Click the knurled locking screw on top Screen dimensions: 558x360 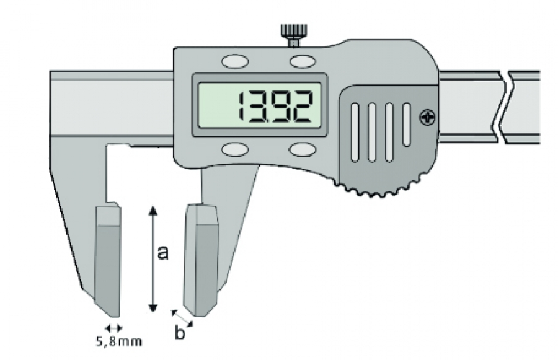coord(294,34)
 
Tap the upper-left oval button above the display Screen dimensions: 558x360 coord(235,61)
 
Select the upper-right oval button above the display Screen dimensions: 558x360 coord(303,61)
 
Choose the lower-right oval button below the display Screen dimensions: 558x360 coord(303,149)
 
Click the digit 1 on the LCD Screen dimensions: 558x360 coord(242,107)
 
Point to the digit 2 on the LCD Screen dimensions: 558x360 coord(301,107)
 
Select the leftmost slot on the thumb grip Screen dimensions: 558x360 coord(355,132)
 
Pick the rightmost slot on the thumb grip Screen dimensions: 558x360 coord(406,124)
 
